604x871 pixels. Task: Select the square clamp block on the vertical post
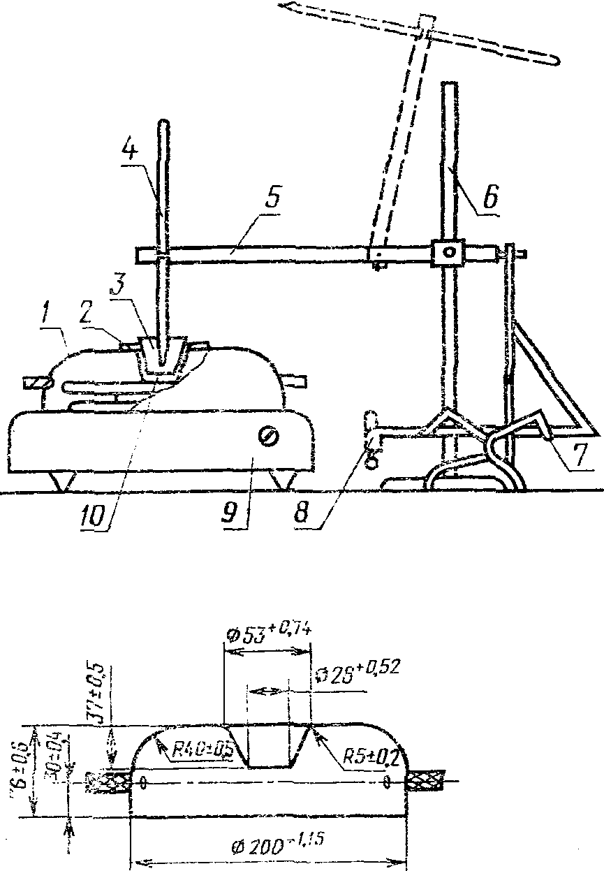click(445, 251)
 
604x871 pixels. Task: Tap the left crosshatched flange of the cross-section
click(109, 783)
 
